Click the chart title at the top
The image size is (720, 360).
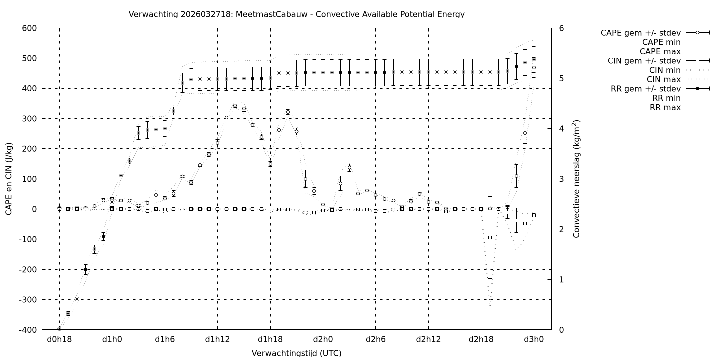point(296,14)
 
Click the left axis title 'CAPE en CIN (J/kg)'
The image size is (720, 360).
point(9,179)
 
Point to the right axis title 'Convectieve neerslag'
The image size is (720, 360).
point(576,179)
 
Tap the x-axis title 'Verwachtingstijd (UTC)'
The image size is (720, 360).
point(296,353)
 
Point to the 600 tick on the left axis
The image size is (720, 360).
point(29,28)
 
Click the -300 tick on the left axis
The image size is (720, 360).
point(27,300)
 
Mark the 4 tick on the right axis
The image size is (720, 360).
point(561,129)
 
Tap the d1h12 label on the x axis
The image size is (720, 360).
point(217,339)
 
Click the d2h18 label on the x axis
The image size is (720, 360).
point(481,339)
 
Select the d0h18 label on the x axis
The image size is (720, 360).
point(59,339)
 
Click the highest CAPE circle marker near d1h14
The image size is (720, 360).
point(235,106)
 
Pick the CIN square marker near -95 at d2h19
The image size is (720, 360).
point(490,238)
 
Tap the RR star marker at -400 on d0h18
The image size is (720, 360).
point(59,329)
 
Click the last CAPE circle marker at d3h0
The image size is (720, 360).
point(534,68)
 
